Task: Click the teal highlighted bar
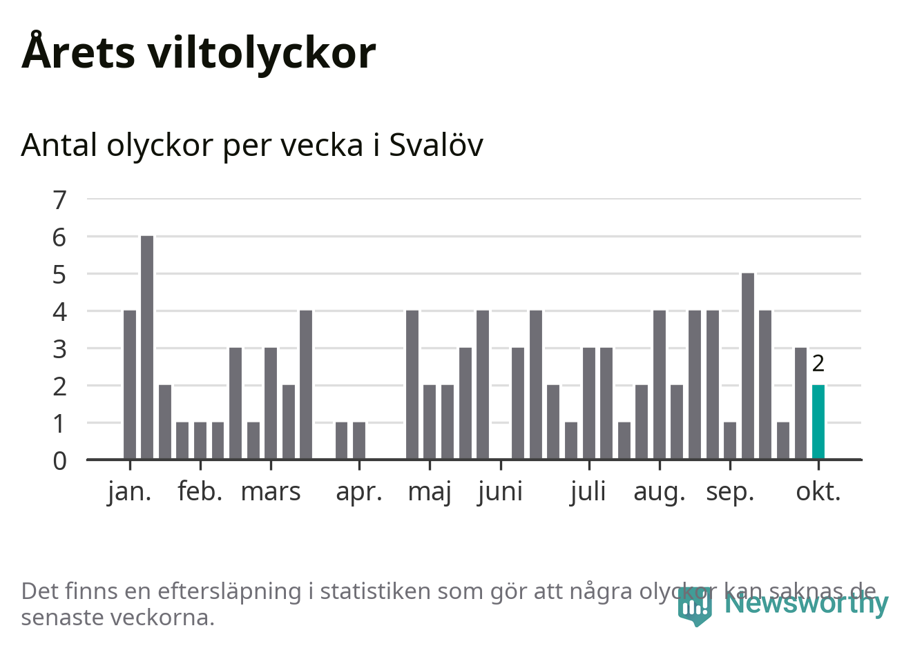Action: (818, 422)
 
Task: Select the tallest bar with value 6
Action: (147, 347)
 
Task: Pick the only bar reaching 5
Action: (748, 366)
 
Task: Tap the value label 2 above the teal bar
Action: (818, 363)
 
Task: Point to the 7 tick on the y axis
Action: (60, 200)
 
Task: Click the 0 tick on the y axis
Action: (60, 460)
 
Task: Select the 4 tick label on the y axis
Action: (60, 311)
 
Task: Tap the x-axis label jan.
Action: (130, 492)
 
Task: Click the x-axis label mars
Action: (271, 492)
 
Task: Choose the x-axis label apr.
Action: (359, 492)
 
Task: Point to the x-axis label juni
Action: (500, 492)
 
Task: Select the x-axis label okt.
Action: (818, 492)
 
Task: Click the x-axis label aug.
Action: (660, 492)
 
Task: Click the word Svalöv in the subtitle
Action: (436, 145)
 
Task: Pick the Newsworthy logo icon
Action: (694, 605)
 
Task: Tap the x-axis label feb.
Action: (200, 492)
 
